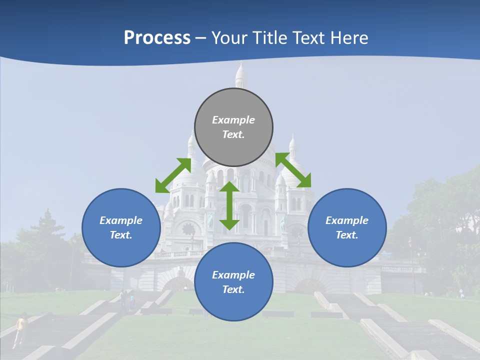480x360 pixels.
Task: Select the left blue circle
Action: pos(121,227)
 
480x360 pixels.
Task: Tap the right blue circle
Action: pos(347,227)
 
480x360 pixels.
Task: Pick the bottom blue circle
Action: pos(233,282)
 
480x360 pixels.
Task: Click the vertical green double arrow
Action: pos(229,205)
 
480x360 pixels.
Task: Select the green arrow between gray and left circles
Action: pos(173,175)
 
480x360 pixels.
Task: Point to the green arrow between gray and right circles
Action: pos(293,170)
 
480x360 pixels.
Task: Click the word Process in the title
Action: pos(157,37)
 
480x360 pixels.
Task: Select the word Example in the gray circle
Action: pos(233,120)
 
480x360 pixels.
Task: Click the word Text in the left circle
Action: pos(121,235)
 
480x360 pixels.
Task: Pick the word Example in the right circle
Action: pos(347,220)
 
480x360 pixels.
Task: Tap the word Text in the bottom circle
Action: pos(233,289)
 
